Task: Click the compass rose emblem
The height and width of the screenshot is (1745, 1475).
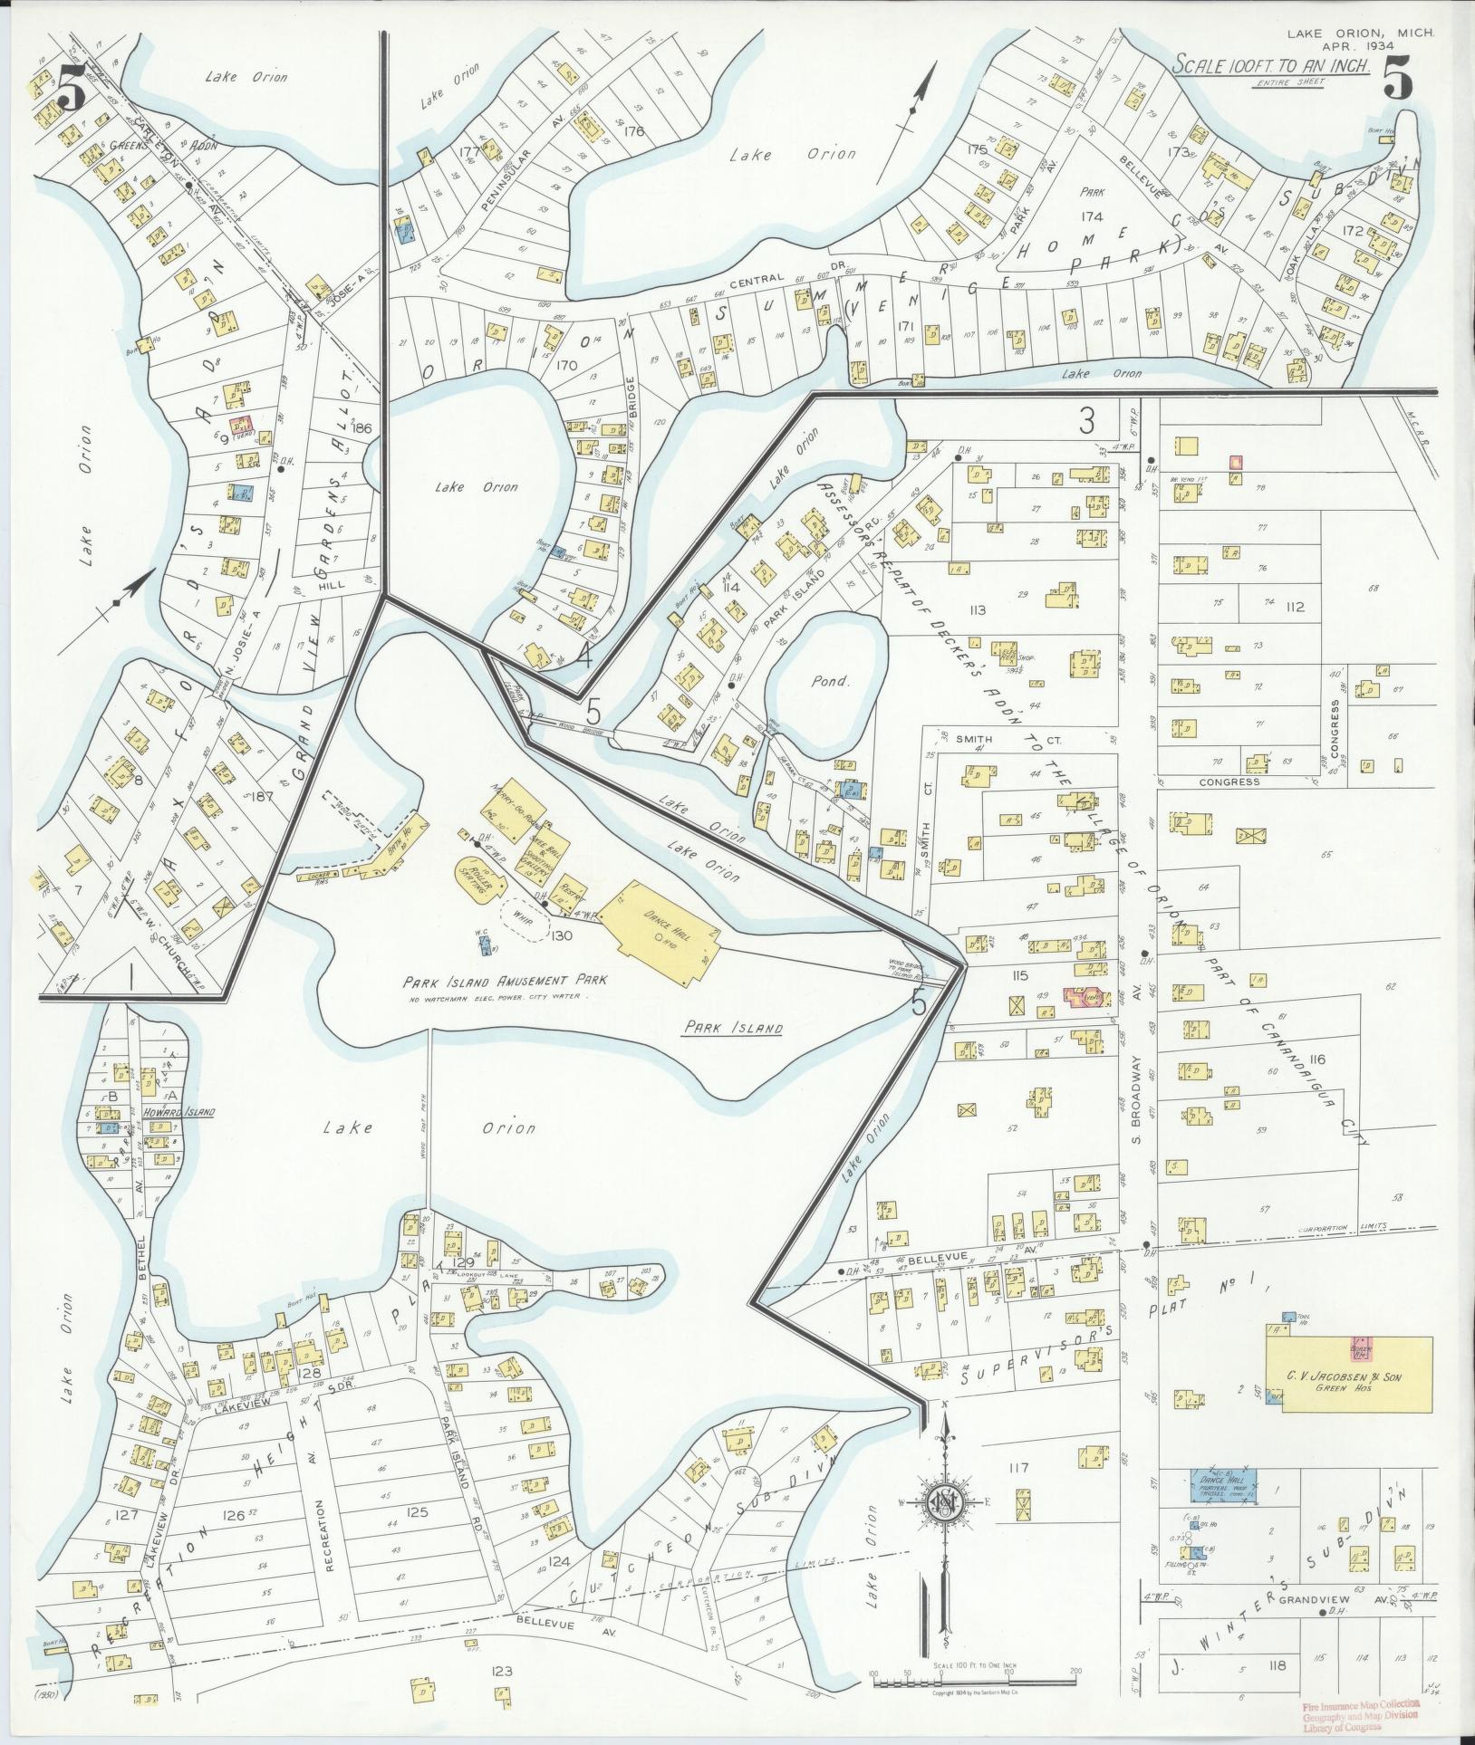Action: tap(945, 1505)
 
